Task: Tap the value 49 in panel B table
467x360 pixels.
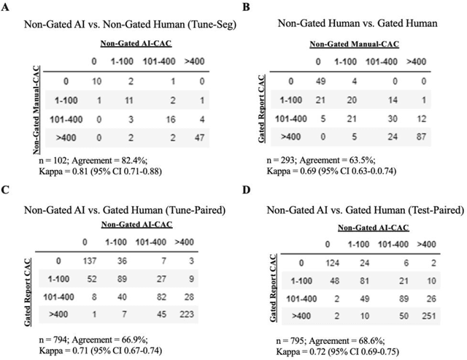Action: coord(317,81)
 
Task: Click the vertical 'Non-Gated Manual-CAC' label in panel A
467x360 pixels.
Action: coord(36,109)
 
